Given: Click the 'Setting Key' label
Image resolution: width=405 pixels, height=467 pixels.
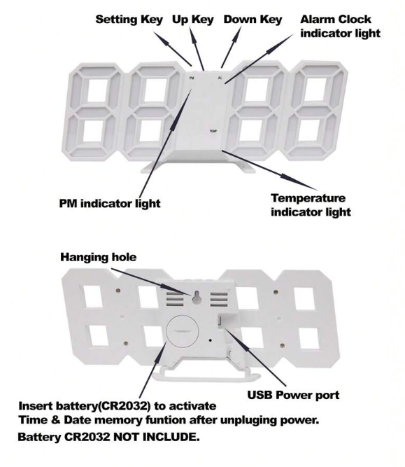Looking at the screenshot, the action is tap(129, 20).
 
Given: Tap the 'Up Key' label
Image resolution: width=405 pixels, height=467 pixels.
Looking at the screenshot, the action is tap(193, 20).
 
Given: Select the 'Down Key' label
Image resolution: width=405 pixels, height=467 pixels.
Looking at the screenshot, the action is tap(253, 20).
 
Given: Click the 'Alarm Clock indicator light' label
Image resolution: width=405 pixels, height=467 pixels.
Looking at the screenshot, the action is tap(340, 26).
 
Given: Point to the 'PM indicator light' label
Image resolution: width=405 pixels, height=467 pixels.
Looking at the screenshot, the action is tap(110, 204).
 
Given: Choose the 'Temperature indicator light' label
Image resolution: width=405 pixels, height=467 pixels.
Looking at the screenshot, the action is tap(311, 205).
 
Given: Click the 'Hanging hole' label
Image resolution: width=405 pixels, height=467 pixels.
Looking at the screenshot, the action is tap(98, 257).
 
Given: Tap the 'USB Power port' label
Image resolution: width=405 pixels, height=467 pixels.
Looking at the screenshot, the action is tap(293, 395).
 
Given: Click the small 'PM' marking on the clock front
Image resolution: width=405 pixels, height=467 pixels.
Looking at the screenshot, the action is tap(192, 78).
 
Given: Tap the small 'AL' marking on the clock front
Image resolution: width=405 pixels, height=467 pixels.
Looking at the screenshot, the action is tap(220, 78).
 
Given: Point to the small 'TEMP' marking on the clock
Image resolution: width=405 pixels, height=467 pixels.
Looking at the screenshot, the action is tap(213, 131).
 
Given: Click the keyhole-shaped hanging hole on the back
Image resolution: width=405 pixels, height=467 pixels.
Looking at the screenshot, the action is tap(196, 298).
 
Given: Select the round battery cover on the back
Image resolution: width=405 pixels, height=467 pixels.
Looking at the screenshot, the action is tap(183, 330).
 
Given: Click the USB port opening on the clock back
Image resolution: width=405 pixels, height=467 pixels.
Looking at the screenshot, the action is tap(220, 321).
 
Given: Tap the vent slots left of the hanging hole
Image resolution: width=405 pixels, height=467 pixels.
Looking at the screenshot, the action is tap(175, 300).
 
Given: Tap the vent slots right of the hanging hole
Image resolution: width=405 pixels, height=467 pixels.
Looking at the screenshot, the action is tap(219, 300).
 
